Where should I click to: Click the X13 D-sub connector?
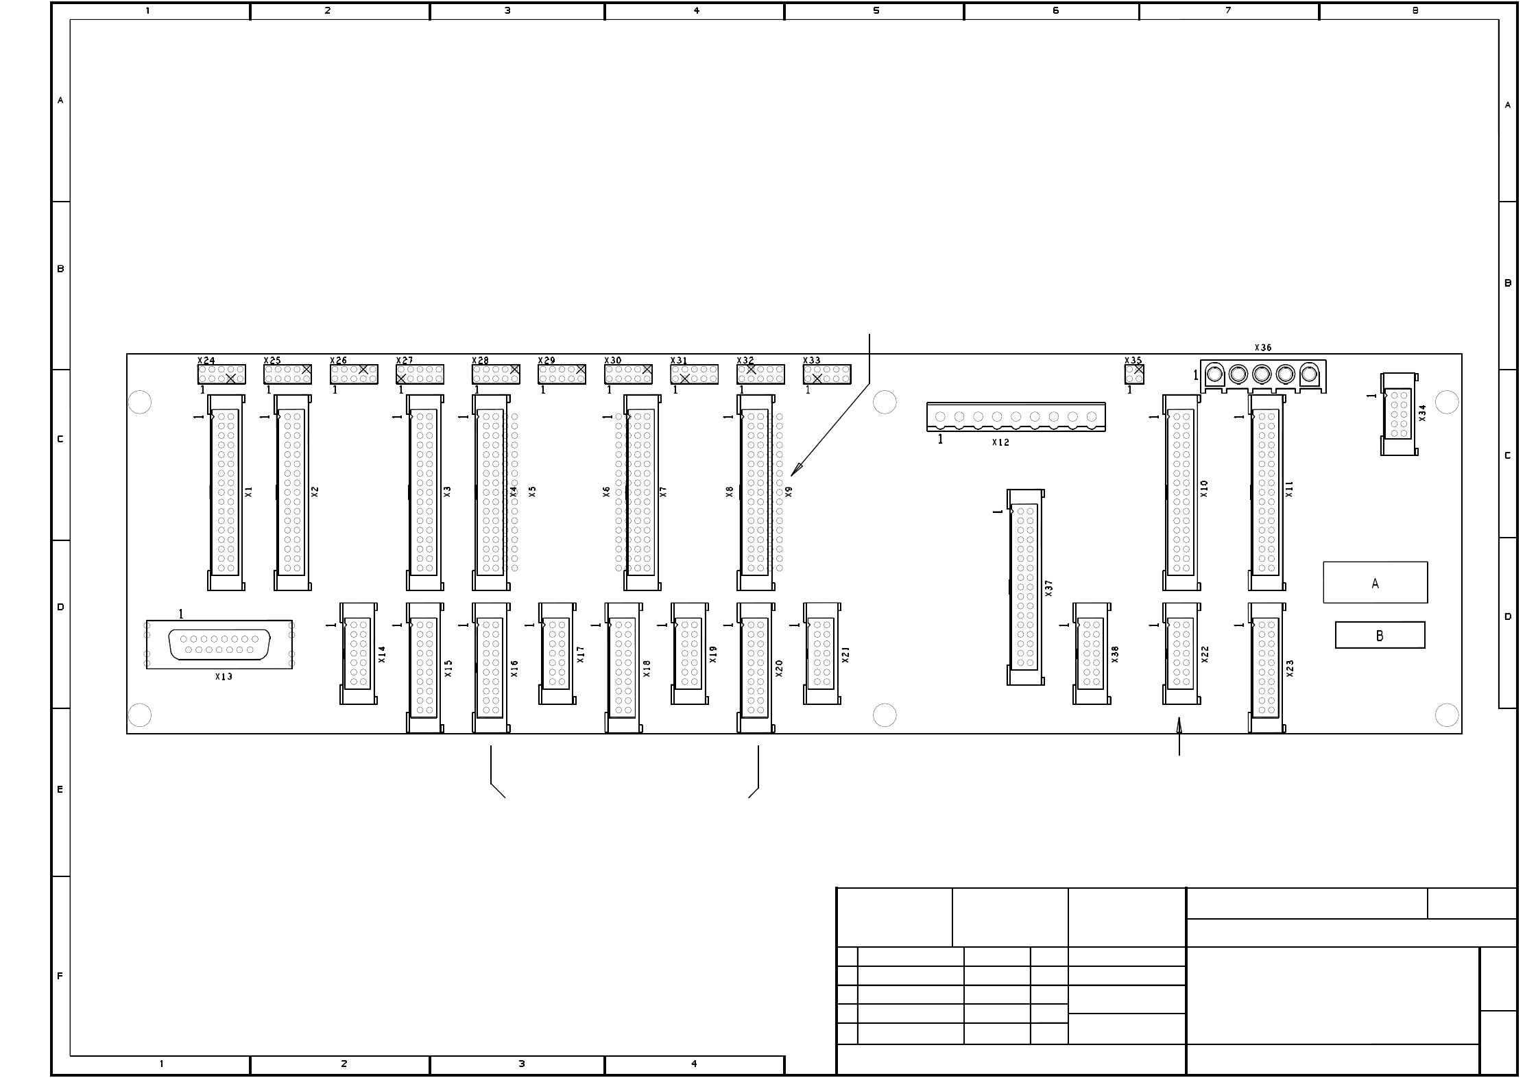(219, 644)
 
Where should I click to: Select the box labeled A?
(1375, 582)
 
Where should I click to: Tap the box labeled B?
(1380, 635)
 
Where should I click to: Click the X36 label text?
(1262, 348)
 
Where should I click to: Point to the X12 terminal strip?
(1016, 416)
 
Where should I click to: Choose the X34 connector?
(1398, 414)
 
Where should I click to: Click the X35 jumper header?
(1134, 374)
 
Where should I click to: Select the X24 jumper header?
(221, 374)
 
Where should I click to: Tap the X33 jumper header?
(827, 374)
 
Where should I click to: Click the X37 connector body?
(1025, 586)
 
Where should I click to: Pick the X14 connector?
(359, 653)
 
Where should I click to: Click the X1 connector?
(226, 492)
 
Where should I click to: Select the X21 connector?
(821, 653)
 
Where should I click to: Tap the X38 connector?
(1091, 653)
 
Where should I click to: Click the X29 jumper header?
(562, 374)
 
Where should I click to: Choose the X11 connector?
(1266, 492)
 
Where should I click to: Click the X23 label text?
(1290, 669)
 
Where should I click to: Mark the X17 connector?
(557, 653)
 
